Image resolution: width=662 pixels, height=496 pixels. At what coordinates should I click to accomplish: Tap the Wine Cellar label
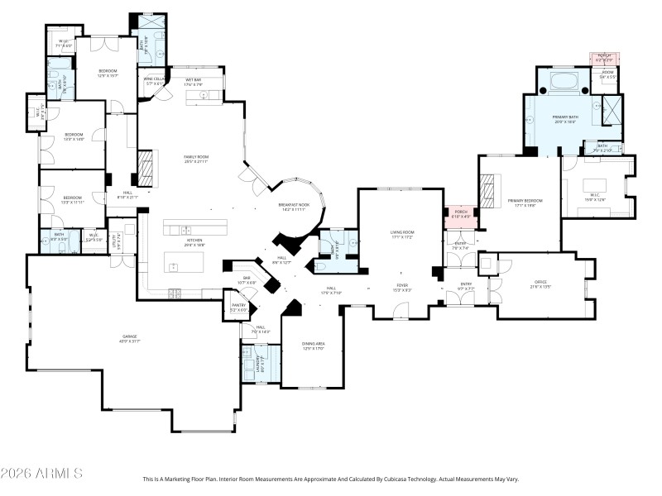156,81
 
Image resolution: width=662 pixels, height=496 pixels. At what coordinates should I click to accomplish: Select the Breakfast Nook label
294,207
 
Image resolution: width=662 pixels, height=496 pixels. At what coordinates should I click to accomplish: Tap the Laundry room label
262,364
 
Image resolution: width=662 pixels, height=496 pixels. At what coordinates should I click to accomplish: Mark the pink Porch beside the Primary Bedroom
458,215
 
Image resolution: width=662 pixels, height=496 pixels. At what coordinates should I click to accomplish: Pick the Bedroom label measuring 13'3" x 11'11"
73,200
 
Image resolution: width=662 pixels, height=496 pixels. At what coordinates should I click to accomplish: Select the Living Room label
401,235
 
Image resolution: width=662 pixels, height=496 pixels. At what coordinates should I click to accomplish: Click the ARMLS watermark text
41,474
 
